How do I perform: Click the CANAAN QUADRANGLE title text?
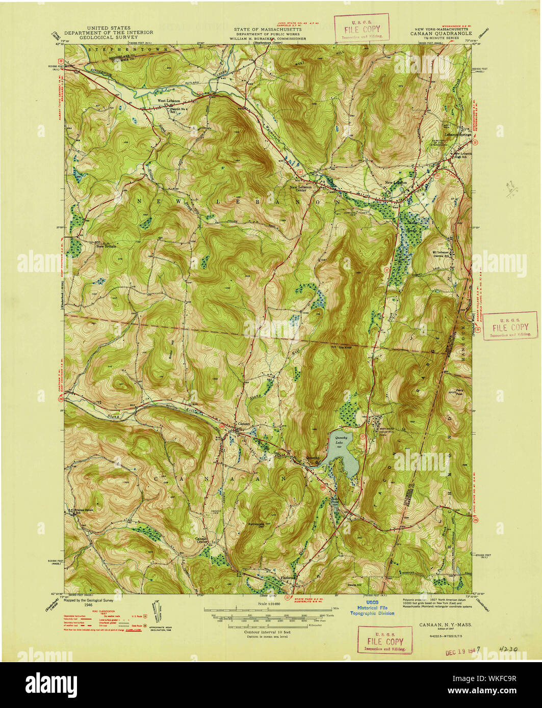coord(435,34)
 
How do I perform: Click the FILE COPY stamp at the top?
coord(361,28)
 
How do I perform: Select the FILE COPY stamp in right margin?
coord(510,327)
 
